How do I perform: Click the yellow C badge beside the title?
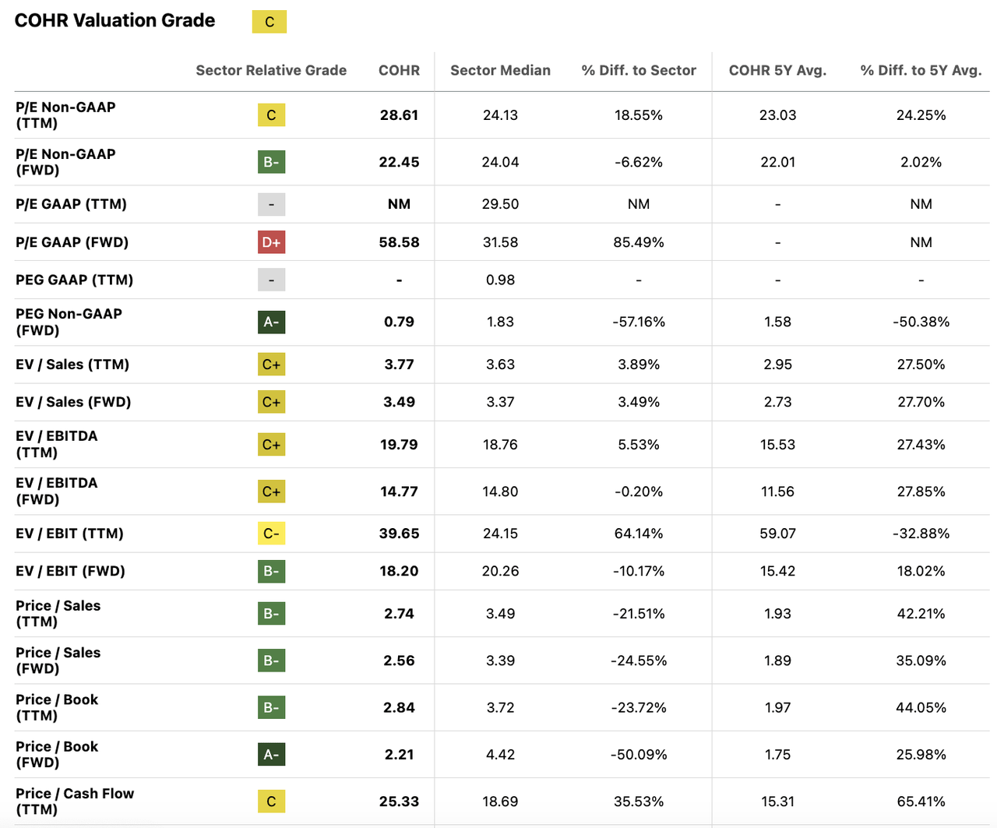(270, 22)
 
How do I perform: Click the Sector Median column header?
(500, 70)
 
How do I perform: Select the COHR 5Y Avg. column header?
(777, 70)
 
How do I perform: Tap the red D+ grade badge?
(271, 242)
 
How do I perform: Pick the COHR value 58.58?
(399, 242)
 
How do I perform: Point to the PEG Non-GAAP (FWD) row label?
(69, 322)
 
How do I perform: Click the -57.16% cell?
(639, 322)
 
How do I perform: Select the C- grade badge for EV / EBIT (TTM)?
(271, 534)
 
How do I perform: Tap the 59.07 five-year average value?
(777, 534)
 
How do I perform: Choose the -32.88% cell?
(921, 534)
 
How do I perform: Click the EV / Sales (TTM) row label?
(72, 365)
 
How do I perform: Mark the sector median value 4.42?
(500, 754)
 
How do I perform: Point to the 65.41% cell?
(921, 801)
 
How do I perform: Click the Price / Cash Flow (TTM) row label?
(75, 801)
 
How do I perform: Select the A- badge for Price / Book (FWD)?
(271, 754)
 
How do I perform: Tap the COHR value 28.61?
(399, 115)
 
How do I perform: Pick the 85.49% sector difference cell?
(639, 242)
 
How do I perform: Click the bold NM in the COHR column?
(399, 204)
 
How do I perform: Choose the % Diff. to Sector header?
(639, 70)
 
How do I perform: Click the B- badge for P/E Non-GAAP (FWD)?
(271, 162)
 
